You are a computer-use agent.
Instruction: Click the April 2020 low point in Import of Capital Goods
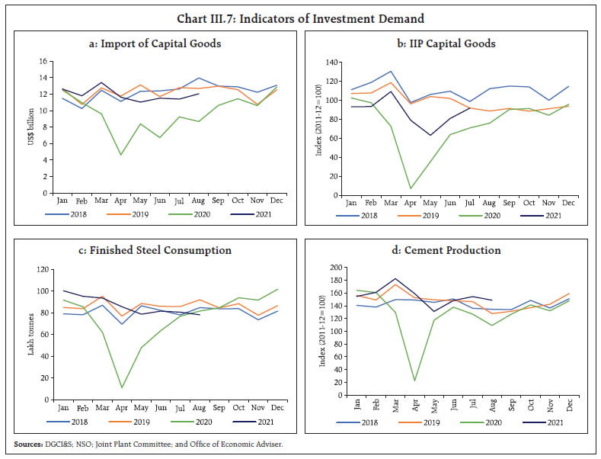120,155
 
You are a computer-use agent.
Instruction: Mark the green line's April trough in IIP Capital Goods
411,188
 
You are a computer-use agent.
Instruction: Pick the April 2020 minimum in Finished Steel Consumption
120,387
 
